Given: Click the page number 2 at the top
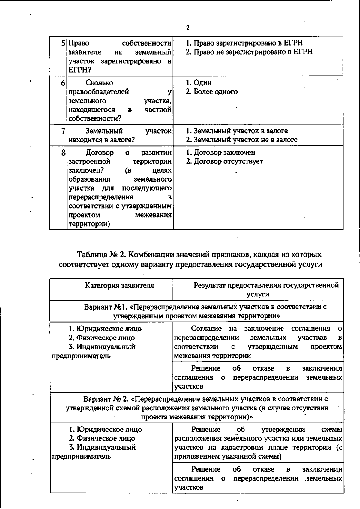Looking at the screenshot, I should click(x=188, y=28).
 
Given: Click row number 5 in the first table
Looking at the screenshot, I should click(x=63, y=43).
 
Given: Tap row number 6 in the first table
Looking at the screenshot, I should click(x=63, y=83).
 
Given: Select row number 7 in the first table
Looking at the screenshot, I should click(x=63, y=131).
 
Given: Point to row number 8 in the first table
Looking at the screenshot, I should click(x=63, y=153).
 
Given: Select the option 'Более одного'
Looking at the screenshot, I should click(x=211, y=92).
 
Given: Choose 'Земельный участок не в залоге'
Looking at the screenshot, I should click(x=241, y=140).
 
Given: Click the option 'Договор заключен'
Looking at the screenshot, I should click(x=221, y=153).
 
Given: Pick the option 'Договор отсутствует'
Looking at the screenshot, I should click(x=224, y=162).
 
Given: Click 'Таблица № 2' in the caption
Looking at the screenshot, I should click(x=100, y=255).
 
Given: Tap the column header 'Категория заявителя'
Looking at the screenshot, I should click(x=119, y=285).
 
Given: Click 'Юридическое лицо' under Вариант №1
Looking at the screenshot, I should click(x=109, y=329).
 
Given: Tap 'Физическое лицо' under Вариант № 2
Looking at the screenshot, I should click(x=106, y=438).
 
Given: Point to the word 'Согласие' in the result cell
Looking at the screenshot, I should click(x=207, y=329).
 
